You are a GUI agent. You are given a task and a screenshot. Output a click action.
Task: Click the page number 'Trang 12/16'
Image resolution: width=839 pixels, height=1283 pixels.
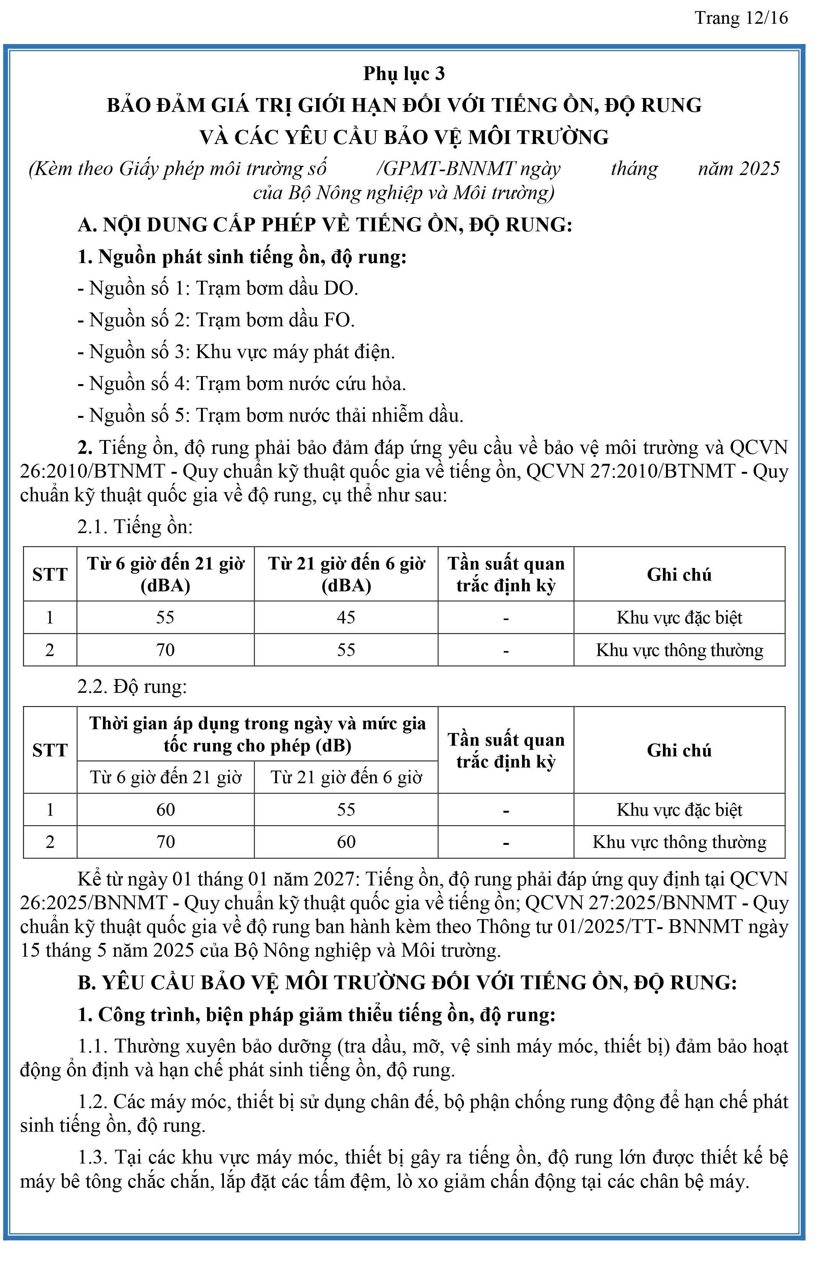click(741, 18)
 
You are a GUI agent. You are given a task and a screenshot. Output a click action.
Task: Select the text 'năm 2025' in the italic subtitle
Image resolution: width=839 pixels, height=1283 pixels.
click(738, 169)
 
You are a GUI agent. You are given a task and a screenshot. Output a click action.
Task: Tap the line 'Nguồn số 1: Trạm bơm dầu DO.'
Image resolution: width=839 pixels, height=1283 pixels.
click(218, 288)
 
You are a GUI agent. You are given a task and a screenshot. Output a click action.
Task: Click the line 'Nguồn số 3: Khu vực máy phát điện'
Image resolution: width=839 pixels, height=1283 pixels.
click(236, 352)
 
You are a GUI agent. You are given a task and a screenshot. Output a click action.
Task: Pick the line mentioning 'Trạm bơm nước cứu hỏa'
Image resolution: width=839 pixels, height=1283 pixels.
click(242, 384)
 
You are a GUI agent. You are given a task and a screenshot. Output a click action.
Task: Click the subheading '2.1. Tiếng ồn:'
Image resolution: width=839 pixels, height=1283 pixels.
click(135, 527)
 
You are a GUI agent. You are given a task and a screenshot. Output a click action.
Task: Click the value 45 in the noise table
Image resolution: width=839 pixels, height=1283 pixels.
click(346, 617)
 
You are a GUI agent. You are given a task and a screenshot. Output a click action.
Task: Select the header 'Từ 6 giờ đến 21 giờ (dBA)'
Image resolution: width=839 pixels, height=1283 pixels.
click(165, 574)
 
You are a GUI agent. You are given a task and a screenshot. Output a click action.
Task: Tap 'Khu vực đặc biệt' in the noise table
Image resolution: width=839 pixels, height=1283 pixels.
click(679, 618)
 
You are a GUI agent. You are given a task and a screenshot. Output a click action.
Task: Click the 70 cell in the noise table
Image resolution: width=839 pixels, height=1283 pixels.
click(165, 650)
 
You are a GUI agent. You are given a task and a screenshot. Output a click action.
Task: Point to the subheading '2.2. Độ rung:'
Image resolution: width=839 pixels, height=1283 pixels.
click(132, 686)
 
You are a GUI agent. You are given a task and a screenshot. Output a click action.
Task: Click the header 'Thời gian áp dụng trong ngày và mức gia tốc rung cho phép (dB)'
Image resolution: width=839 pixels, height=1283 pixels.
click(257, 734)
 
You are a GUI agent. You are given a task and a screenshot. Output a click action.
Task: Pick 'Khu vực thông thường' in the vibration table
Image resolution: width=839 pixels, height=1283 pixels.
click(679, 842)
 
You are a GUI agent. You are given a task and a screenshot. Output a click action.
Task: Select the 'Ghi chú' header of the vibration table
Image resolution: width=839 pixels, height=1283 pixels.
click(679, 750)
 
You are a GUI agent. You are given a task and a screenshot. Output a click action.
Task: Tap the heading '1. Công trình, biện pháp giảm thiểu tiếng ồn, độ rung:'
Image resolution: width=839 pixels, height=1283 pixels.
click(316, 1015)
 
